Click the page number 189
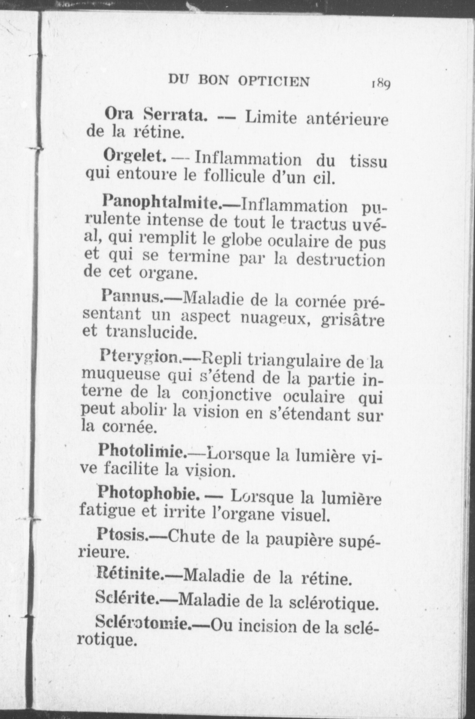(x=381, y=83)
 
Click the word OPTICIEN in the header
(x=273, y=81)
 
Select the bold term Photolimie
(x=142, y=451)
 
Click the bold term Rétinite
(x=130, y=574)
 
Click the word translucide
(x=152, y=332)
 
